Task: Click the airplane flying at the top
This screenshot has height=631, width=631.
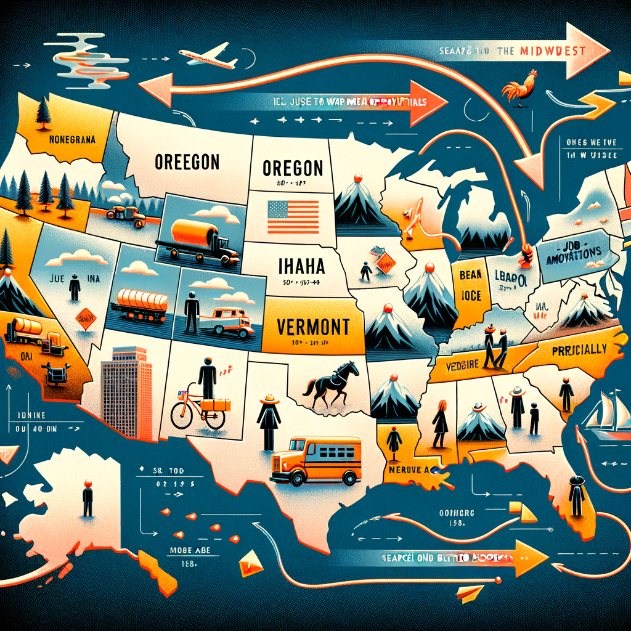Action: pos(208,57)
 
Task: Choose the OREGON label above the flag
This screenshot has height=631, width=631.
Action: pos(293,168)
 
